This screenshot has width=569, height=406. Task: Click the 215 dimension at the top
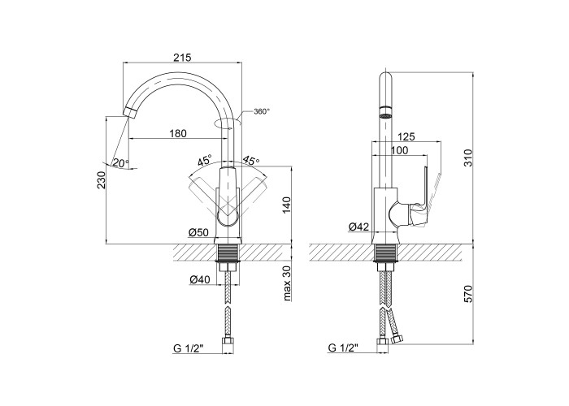click(182, 58)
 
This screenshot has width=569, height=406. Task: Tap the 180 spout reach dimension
click(178, 133)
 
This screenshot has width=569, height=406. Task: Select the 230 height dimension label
click(102, 179)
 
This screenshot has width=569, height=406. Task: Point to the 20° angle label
click(119, 162)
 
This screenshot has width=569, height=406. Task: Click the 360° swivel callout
click(262, 111)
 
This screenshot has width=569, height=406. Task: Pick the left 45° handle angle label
click(205, 160)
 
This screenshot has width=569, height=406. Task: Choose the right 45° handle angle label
click(251, 160)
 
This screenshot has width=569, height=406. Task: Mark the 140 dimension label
click(287, 205)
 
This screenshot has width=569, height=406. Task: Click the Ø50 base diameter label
click(199, 232)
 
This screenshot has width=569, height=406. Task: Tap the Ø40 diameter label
click(200, 279)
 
